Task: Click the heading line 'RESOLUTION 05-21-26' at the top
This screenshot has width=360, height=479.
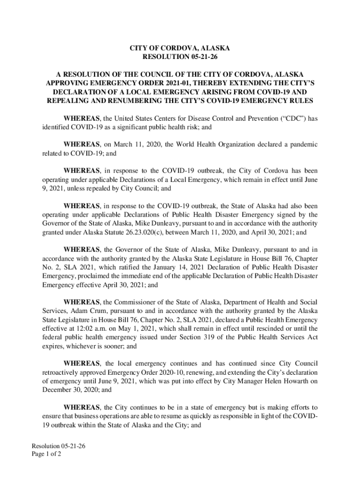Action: point(180,57)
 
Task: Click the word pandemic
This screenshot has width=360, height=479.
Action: point(301,145)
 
